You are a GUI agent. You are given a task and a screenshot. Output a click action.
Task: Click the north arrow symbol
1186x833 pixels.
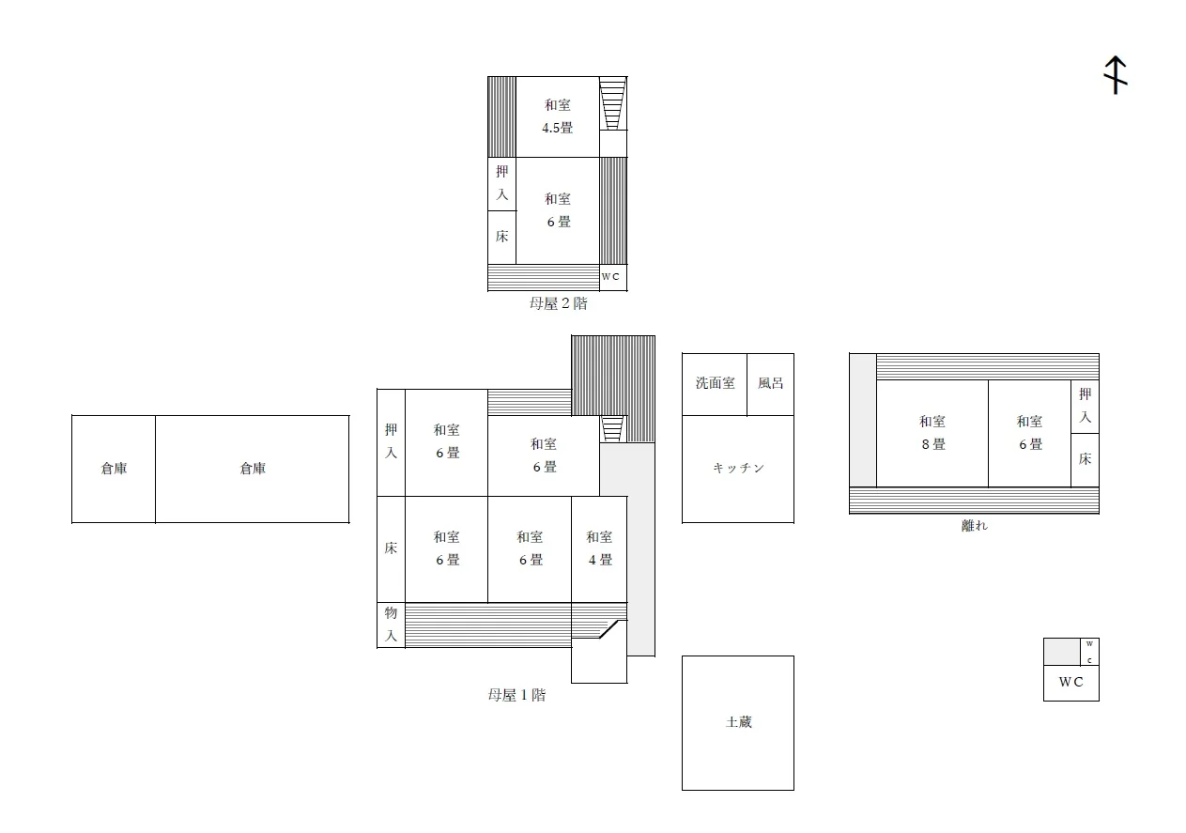1115,75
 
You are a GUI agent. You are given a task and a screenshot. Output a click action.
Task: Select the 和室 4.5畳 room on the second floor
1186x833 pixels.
558,116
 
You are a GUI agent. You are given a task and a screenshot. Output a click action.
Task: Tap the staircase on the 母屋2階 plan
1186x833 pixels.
612,103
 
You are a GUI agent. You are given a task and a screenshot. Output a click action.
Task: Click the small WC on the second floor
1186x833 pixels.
613,277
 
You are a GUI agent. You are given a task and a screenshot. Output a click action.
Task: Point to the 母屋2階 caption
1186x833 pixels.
558,303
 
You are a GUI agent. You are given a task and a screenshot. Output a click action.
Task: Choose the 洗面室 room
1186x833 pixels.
715,384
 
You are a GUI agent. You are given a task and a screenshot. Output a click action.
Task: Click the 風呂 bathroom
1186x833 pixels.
770,384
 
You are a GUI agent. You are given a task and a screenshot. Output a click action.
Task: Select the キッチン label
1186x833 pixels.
739,468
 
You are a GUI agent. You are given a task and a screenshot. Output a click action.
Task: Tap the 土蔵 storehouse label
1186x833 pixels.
739,722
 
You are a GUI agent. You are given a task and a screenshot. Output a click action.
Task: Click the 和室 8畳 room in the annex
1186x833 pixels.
932,433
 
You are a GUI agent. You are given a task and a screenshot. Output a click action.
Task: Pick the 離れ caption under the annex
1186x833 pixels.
974,525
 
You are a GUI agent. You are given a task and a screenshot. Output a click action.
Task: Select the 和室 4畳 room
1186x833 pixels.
599,549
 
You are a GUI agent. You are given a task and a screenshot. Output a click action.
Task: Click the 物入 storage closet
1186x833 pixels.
391,625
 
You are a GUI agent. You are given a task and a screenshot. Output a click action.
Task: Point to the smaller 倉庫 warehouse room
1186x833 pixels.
114,470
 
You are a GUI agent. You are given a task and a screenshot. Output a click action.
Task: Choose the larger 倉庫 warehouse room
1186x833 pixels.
252,470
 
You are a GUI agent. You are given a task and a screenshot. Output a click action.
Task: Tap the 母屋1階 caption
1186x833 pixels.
516,695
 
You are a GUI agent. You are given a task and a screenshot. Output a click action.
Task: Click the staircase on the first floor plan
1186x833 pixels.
612,429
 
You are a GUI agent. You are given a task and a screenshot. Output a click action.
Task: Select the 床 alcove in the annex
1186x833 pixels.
1085,459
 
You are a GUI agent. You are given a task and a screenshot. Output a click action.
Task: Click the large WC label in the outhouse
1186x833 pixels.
1071,682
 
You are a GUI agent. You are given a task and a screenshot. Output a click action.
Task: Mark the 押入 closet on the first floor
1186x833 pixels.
391,442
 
